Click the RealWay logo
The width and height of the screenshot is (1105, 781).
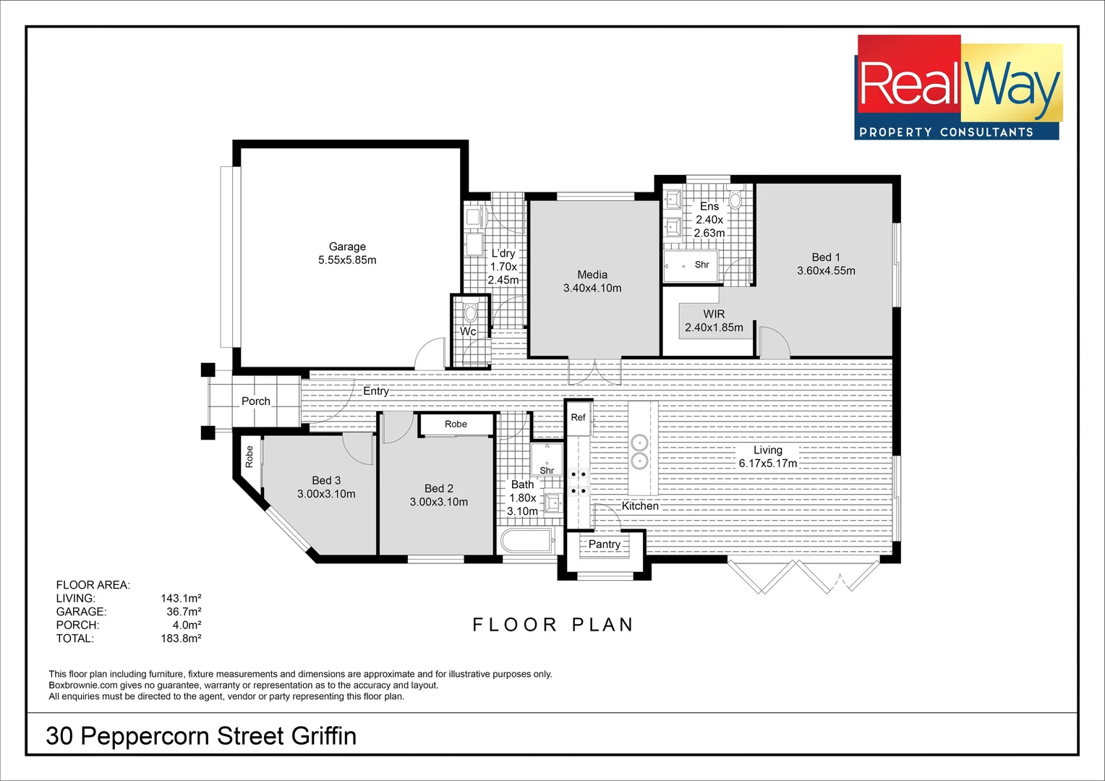point(957,88)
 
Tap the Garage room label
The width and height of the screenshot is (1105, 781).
point(347,247)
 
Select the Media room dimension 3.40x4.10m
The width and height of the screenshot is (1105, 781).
point(592,288)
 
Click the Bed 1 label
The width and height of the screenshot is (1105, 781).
point(826,257)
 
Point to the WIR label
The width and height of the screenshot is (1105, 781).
point(714,314)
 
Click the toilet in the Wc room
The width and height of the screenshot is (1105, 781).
point(471,313)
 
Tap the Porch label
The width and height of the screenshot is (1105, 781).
point(256,401)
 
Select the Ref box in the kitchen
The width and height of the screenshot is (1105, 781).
point(578,418)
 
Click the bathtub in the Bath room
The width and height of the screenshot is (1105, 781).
point(527,541)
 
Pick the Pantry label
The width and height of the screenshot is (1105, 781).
point(605,545)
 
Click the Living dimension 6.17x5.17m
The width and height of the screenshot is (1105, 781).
point(768,464)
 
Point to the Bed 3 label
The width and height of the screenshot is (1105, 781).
point(326,481)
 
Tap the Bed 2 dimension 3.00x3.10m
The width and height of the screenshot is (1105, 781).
point(439,502)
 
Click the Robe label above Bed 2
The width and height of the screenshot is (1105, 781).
point(456,424)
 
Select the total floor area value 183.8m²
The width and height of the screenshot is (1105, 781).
point(181,639)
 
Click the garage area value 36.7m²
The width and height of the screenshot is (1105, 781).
point(184,612)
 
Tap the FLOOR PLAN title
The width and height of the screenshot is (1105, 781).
point(553,625)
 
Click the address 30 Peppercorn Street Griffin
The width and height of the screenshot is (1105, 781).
point(201,736)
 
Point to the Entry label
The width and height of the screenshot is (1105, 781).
point(376,391)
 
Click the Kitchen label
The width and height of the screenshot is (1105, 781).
point(640,506)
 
